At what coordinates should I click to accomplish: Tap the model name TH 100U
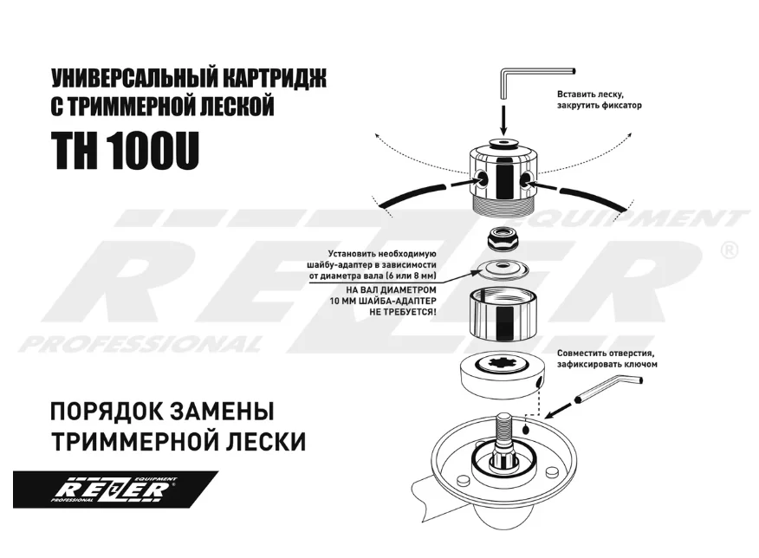pos(126,152)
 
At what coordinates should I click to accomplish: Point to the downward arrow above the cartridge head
pos(503,118)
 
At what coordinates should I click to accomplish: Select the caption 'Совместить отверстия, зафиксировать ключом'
pos(607,360)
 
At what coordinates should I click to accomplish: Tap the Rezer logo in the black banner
pos(113,490)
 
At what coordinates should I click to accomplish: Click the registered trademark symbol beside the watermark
pos(729,250)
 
